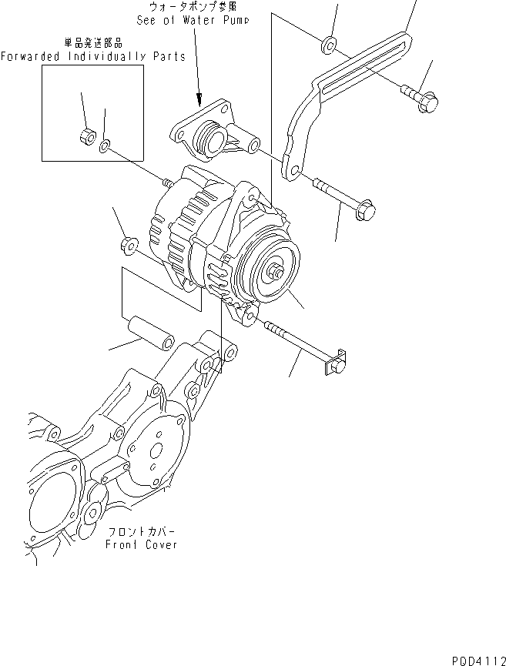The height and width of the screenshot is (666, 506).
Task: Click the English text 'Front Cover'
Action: coord(142,544)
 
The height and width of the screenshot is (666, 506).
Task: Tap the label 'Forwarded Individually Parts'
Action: coord(92,57)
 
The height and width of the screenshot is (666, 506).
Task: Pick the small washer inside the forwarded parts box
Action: coord(106,143)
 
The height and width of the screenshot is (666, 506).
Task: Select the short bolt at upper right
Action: coord(420,98)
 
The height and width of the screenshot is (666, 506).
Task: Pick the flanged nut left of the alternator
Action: coord(129,247)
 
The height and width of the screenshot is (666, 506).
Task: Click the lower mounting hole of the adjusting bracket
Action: coord(293,169)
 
